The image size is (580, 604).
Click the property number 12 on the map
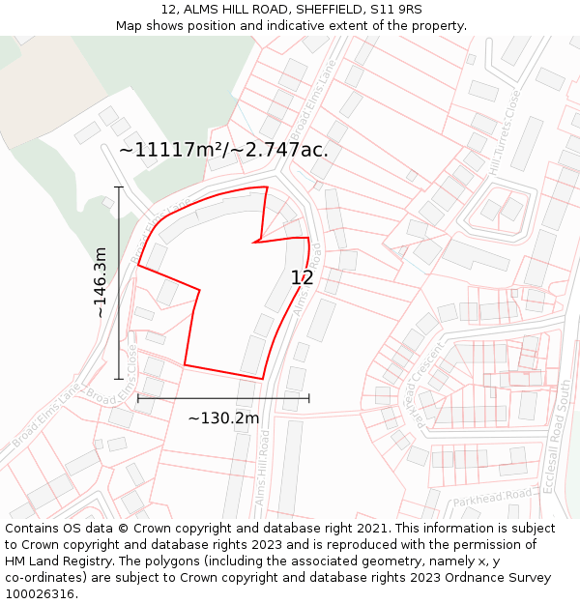(302, 278)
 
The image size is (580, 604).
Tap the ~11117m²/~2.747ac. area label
(223, 150)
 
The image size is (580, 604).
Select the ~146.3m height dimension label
(100, 282)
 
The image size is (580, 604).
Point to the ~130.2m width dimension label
(223, 418)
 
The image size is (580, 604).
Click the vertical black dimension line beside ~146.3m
(119, 282)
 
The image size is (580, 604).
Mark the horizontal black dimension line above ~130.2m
(223, 397)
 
